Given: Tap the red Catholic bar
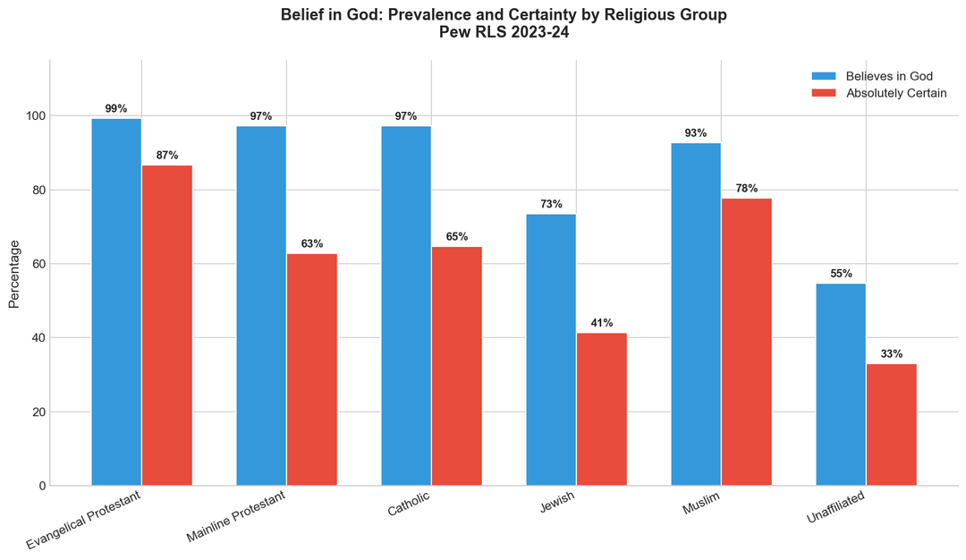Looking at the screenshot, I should [456, 366].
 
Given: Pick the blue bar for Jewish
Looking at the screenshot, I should [551, 350].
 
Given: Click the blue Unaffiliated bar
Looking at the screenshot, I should [841, 385].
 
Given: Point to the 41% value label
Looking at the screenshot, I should [601, 323].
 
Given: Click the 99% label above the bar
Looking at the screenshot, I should [116, 109].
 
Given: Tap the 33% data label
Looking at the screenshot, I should [891, 354].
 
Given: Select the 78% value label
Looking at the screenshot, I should [746, 189].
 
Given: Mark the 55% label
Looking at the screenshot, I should [841, 274].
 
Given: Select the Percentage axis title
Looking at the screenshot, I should [13, 273].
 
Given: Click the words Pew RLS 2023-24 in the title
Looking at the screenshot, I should [504, 33].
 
